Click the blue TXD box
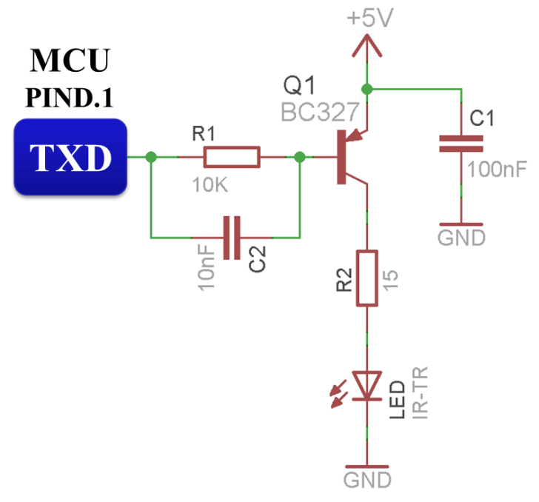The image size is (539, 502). pyautogui.click(x=70, y=157)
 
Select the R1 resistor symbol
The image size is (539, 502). pyautogui.click(x=231, y=157)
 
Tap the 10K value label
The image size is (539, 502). pyautogui.click(x=210, y=186)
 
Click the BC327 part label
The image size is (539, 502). pyautogui.click(x=320, y=113)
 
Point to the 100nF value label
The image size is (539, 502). pyautogui.click(x=497, y=170)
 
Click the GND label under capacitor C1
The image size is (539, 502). pyautogui.click(x=461, y=238)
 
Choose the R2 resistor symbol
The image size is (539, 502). pyautogui.click(x=367, y=278)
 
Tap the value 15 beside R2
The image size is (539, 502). pyautogui.click(x=391, y=279)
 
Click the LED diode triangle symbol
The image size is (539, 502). pyautogui.click(x=367, y=384)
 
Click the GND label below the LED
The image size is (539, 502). pyautogui.click(x=367, y=480)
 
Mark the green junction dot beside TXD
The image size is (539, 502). pyautogui.click(x=151, y=157)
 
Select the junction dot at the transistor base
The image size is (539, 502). pyautogui.click(x=299, y=157)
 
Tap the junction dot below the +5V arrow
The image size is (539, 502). pyautogui.click(x=368, y=89)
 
